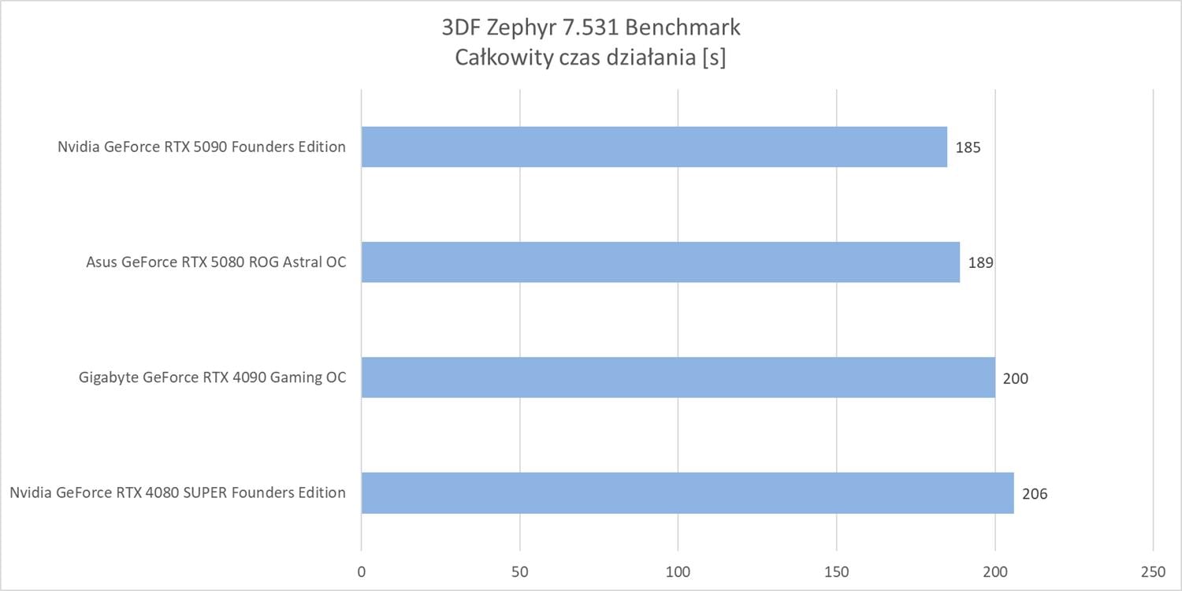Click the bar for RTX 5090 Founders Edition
click(x=654, y=147)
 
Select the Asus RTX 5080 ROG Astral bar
click(x=660, y=262)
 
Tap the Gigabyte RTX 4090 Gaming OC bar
click(x=678, y=377)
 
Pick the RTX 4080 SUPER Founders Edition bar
click(x=687, y=493)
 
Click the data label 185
click(x=968, y=147)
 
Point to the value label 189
click(x=980, y=262)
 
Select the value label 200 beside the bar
click(x=1015, y=378)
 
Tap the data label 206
click(x=1035, y=494)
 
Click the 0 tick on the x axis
click(x=362, y=571)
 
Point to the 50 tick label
click(x=520, y=571)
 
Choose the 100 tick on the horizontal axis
click(x=678, y=571)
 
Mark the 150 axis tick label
click(x=837, y=571)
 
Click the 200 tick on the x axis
click(x=995, y=571)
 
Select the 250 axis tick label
click(x=1153, y=571)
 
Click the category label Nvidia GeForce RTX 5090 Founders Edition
click(x=202, y=147)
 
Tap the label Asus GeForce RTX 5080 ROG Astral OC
click(x=216, y=262)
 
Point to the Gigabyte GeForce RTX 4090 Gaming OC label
click(x=213, y=377)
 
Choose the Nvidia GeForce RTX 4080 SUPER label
click(x=178, y=492)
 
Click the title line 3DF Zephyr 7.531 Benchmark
click(x=591, y=28)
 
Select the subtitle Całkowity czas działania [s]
click(x=591, y=58)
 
